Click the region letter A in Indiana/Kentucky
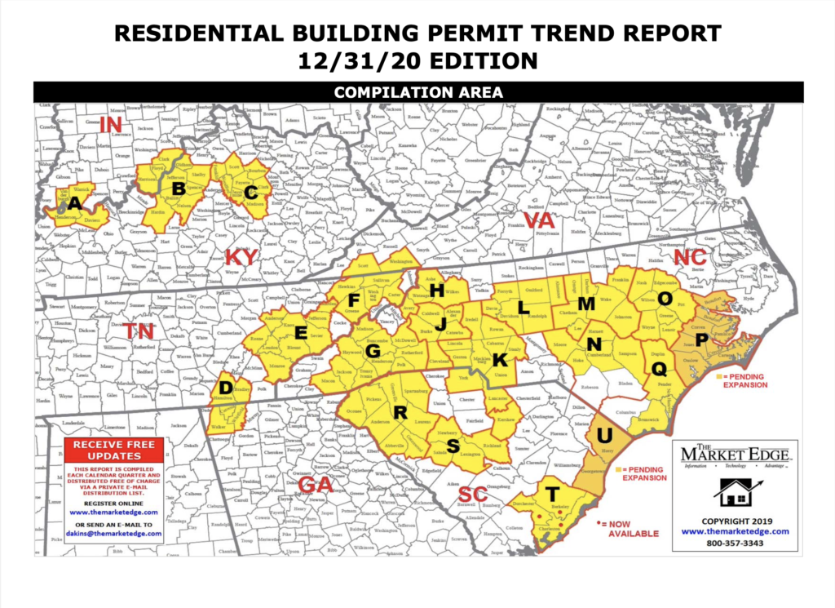(x=75, y=202)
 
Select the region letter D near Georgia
(x=227, y=386)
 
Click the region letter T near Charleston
(x=552, y=495)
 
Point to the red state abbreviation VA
(x=538, y=221)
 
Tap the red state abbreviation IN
(x=110, y=124)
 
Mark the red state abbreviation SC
(x=472, y=495)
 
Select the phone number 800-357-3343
(x=736, y=543)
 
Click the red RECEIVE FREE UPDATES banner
(x=114, y=449)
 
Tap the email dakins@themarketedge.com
(x=114, y=533)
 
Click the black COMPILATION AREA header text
(x=418, y=92)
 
